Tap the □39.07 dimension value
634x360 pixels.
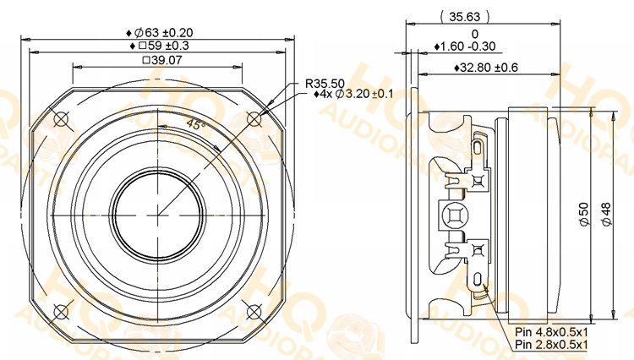point(163,60)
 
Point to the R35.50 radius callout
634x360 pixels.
point(325,84)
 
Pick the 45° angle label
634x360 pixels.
point(197,124)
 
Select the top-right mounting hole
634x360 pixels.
point(254,118)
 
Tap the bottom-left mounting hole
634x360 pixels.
point(61,312)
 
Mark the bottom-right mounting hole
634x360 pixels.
point(254,312)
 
